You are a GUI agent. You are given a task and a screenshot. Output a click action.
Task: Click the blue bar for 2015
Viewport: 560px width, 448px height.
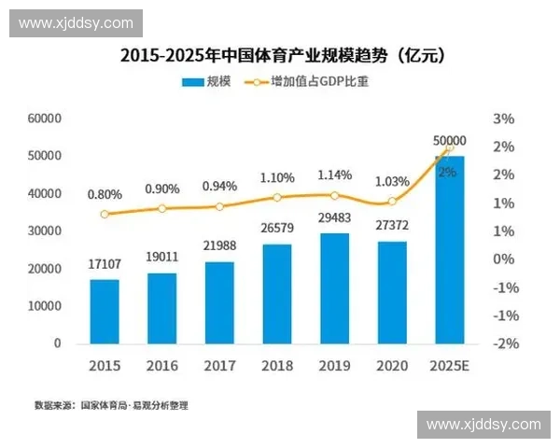[105, 311]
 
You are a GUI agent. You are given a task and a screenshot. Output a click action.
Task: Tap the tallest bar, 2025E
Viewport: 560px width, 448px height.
[449, 249]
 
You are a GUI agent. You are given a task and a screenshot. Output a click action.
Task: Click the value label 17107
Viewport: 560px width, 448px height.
[105, 264]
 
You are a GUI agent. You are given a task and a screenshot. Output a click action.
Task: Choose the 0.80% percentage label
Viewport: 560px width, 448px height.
[105, 194]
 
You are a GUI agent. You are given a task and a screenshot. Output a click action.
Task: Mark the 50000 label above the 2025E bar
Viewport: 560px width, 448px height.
[450, 141]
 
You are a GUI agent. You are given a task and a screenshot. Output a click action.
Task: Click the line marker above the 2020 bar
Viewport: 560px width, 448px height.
[392, 202]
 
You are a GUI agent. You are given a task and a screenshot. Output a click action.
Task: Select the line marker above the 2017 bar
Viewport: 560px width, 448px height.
[219, 207]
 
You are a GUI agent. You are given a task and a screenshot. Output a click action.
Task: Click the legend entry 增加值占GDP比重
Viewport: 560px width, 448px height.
[309, 82]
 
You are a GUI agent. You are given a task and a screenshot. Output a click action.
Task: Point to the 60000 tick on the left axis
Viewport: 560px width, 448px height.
[44, 119]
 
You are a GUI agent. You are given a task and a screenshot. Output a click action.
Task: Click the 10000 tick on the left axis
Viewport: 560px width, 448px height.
[44, 305]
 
